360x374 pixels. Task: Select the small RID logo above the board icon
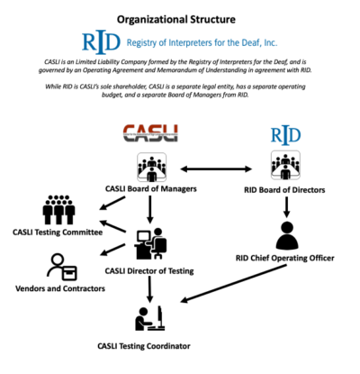click(285, 135)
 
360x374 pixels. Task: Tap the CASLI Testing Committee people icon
click(59, 212)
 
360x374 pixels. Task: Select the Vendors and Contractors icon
click(62, 268)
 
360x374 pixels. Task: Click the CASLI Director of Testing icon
click(149, 244)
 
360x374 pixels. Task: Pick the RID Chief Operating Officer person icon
click(286, 235)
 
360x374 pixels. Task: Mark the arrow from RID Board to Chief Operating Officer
click(286, 206)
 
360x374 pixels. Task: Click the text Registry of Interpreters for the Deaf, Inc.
click(208, 41)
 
